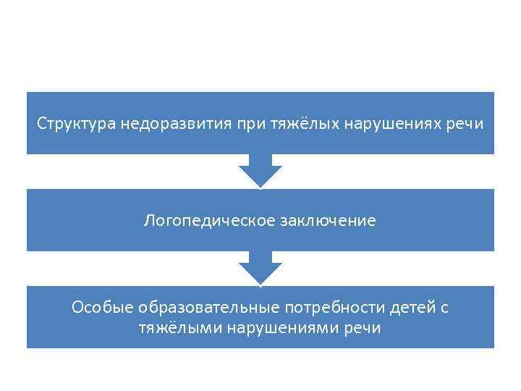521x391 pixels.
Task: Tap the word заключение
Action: pyautogui.click(x=326, y=220)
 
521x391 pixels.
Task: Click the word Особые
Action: pyautogui.click(x=98, y=308)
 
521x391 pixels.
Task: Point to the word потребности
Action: pyautogui.click(x=308, y=308)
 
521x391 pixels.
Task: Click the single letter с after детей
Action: pyautogui.click(x=444, y=308)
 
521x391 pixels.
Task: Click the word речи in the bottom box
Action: pyautogui.click(x=359, y=327)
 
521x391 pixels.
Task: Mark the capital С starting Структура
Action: pyautogui.click(x=42, y=123)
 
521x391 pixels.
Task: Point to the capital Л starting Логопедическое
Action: pyautogui.click(x=148, y=220)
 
